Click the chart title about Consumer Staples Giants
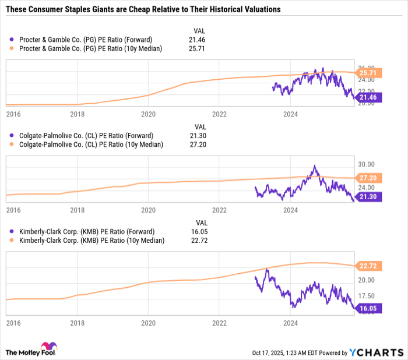point(143,10)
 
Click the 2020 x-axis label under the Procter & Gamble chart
point(148,114)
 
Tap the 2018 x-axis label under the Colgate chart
point(77,210)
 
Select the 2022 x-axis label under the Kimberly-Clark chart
point(219,322)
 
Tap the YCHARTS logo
point(376,352)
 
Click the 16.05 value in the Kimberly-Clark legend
point(199,231)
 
